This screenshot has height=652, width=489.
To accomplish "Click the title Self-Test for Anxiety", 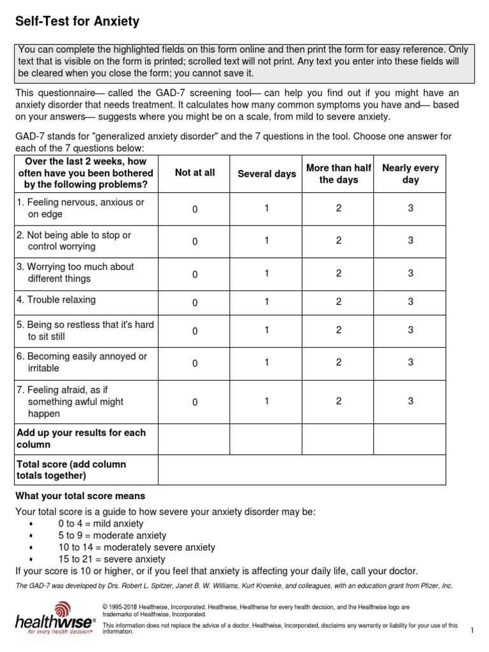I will pos(77,22).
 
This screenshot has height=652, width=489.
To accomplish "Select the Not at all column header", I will pos(195,173).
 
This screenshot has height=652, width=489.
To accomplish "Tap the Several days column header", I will pos(267,174).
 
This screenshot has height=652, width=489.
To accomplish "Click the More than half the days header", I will pos(338,174).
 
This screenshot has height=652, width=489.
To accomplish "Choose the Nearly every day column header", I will pos(411,174).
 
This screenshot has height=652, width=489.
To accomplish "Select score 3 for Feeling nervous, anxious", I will pos(411,208).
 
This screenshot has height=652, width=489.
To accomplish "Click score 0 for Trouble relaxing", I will pos(195,302).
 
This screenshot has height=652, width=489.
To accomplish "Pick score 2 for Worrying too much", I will pos(339,273).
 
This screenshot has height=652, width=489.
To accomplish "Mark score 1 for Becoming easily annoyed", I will pos(267,362).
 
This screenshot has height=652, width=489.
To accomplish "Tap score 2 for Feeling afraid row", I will pos(339,401).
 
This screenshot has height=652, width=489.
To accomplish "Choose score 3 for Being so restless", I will pos(411,330).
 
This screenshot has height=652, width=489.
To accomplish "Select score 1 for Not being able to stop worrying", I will pos(267,240).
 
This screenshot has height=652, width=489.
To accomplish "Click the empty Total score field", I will pos(302,470).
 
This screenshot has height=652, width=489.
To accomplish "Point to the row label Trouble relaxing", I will pos(57,300).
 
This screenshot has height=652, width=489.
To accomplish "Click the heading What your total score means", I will pos(80,495).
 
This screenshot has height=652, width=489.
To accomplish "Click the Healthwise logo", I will pos(54,618).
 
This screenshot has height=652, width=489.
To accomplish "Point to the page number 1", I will pos(472,630).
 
